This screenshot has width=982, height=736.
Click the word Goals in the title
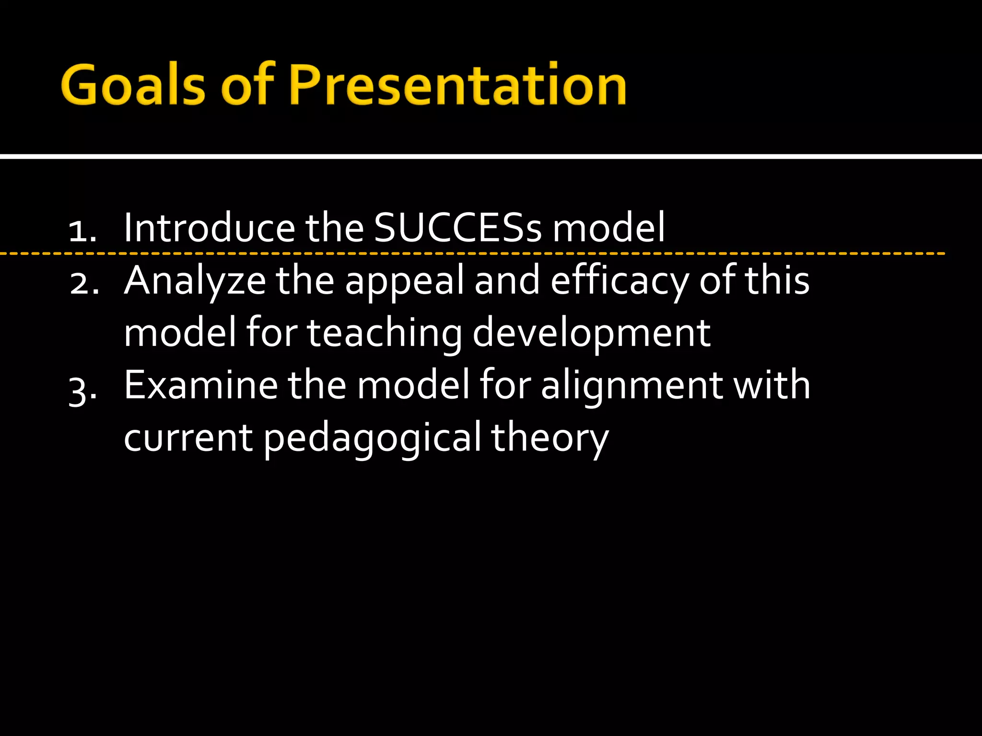point(134,85)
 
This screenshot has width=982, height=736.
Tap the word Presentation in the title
point(458,85)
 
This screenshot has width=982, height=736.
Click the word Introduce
point(210,228)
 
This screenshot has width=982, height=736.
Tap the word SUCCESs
point(457,228)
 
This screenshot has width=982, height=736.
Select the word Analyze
point(195,282)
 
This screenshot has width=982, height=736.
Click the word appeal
point(405,283)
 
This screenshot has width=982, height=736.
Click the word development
point(591,334)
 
